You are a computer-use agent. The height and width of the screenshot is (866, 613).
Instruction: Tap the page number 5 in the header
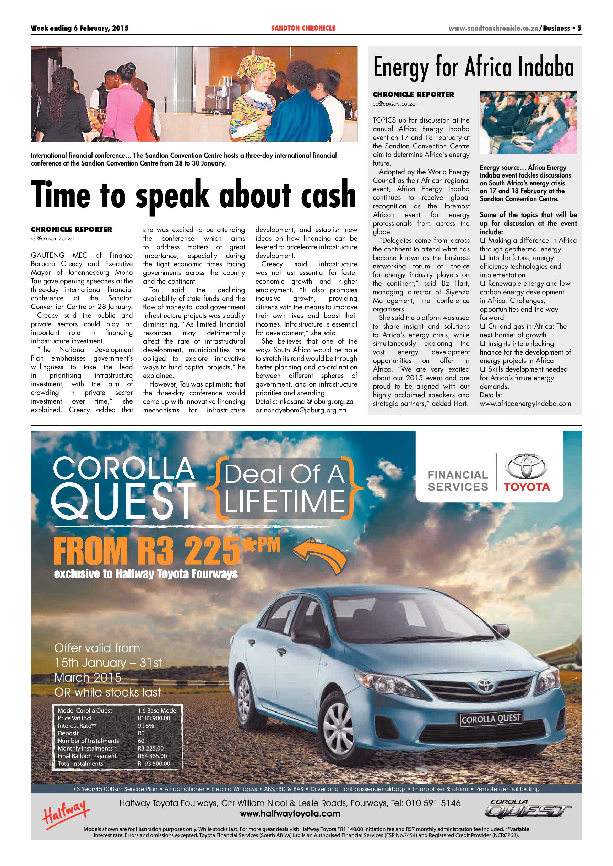[x=579, y=28]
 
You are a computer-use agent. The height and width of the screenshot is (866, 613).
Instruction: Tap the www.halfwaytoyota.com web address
[x=290, y=814]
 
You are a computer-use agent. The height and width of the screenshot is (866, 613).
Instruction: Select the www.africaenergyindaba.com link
[x=525, y=404]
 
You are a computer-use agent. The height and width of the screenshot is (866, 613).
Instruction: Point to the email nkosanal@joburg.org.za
[x=316, y=402]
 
